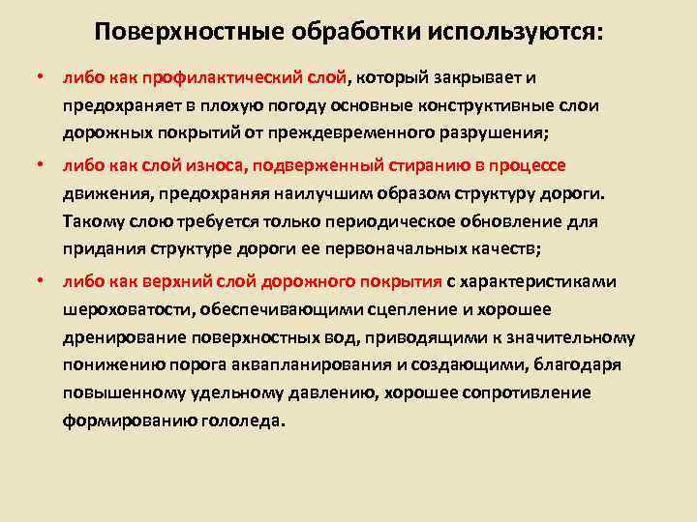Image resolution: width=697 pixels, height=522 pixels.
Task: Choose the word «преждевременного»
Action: pyautogui.click(x=369, y=133)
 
